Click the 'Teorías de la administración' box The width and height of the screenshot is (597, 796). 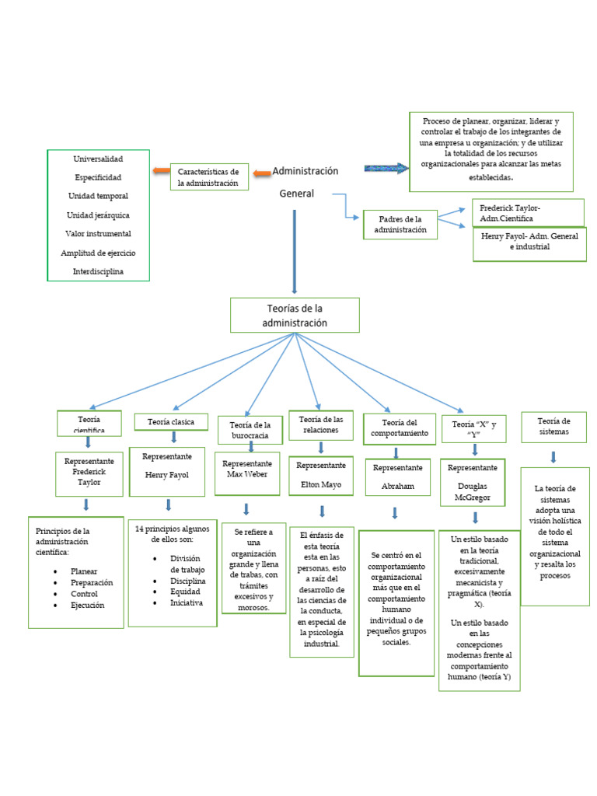[295, 316]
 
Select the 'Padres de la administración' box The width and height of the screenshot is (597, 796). [400, 225]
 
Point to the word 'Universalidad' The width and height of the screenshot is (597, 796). [98, 159]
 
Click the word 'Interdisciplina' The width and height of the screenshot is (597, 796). [98, 271]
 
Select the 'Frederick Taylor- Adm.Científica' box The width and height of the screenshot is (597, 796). [528, 213]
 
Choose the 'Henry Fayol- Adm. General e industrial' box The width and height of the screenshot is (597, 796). [529, 241]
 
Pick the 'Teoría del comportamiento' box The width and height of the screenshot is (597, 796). [399, 428]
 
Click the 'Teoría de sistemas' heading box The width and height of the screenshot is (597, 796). [553, 427]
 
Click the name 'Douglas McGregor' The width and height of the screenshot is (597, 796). [474, 491]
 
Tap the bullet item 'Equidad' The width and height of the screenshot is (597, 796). [185, 592]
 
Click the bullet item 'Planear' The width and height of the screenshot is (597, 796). [84, 571]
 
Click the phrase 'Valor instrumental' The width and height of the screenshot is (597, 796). [98, 233]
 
